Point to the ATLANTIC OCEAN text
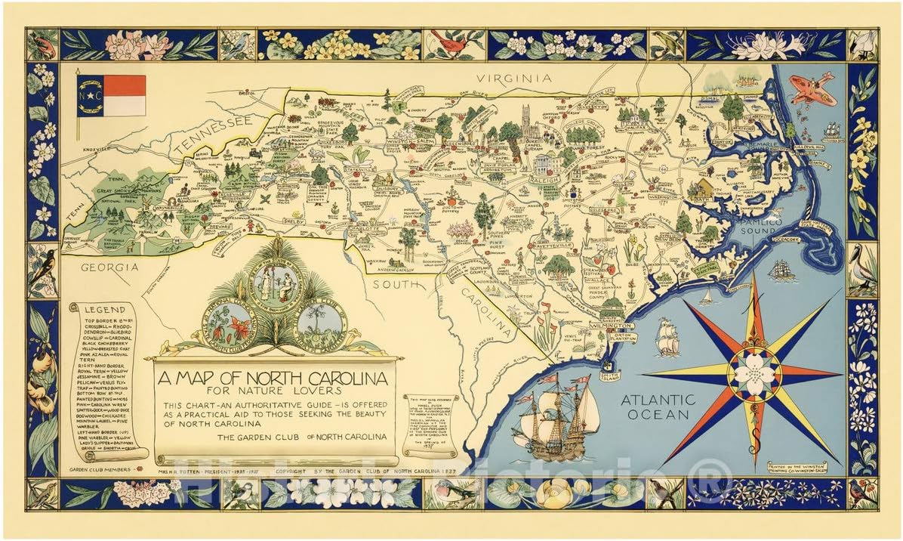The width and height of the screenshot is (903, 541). coord(658,407)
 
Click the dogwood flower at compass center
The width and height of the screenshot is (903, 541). coord(754,373)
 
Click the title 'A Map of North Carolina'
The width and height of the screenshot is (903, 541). coord(273,377)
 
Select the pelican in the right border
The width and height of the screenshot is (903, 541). coord(861,269)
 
